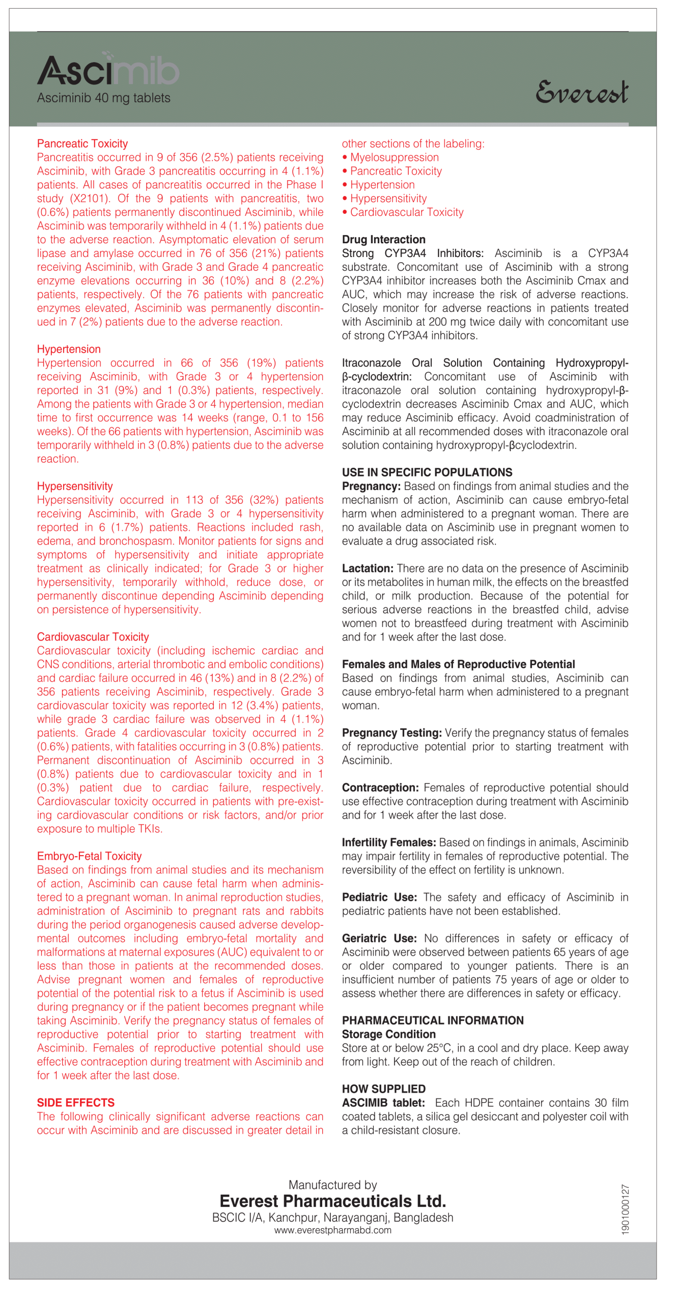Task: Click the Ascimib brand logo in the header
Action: pos(108,70)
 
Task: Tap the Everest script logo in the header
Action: pos(581,92)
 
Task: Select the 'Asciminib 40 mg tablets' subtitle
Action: pos(103,98)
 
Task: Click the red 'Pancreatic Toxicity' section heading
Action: pos(82,144)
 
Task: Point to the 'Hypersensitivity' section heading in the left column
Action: pos(75,486)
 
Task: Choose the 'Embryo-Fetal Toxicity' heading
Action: pos(89,856)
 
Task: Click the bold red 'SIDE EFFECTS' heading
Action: pos(75,1102)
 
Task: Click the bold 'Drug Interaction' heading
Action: pos(383,240)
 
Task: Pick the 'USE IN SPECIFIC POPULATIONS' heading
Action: pos(427,472)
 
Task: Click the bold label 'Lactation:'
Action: pos(368,569)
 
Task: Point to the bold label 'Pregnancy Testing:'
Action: pos(391,733)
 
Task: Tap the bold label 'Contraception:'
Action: pos(380,788)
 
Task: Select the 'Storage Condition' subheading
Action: pos(388,1034)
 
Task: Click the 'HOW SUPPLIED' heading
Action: pos(383,1089)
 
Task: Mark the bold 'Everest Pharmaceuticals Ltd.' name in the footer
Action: pos(332,1201)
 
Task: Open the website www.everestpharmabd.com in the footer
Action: pos(332,1230)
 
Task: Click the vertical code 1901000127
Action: pos(625,1209)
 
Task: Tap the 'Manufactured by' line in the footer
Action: pos(332,1185)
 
